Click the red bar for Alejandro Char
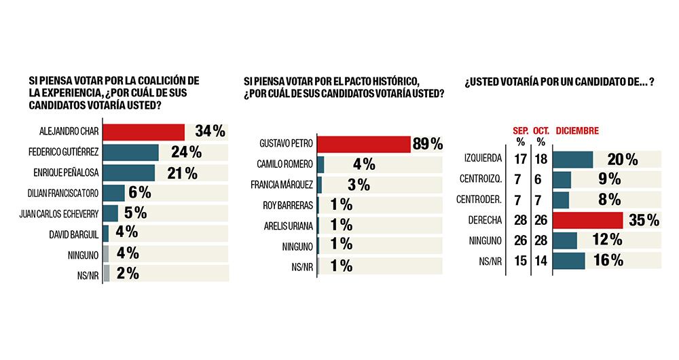point(144,131)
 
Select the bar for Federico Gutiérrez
point(131,152)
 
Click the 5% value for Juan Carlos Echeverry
point(136,213)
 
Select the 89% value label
point(428,144)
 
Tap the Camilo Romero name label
point(288,164)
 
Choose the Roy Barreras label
point(289,204)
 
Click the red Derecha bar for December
point(588,220)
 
